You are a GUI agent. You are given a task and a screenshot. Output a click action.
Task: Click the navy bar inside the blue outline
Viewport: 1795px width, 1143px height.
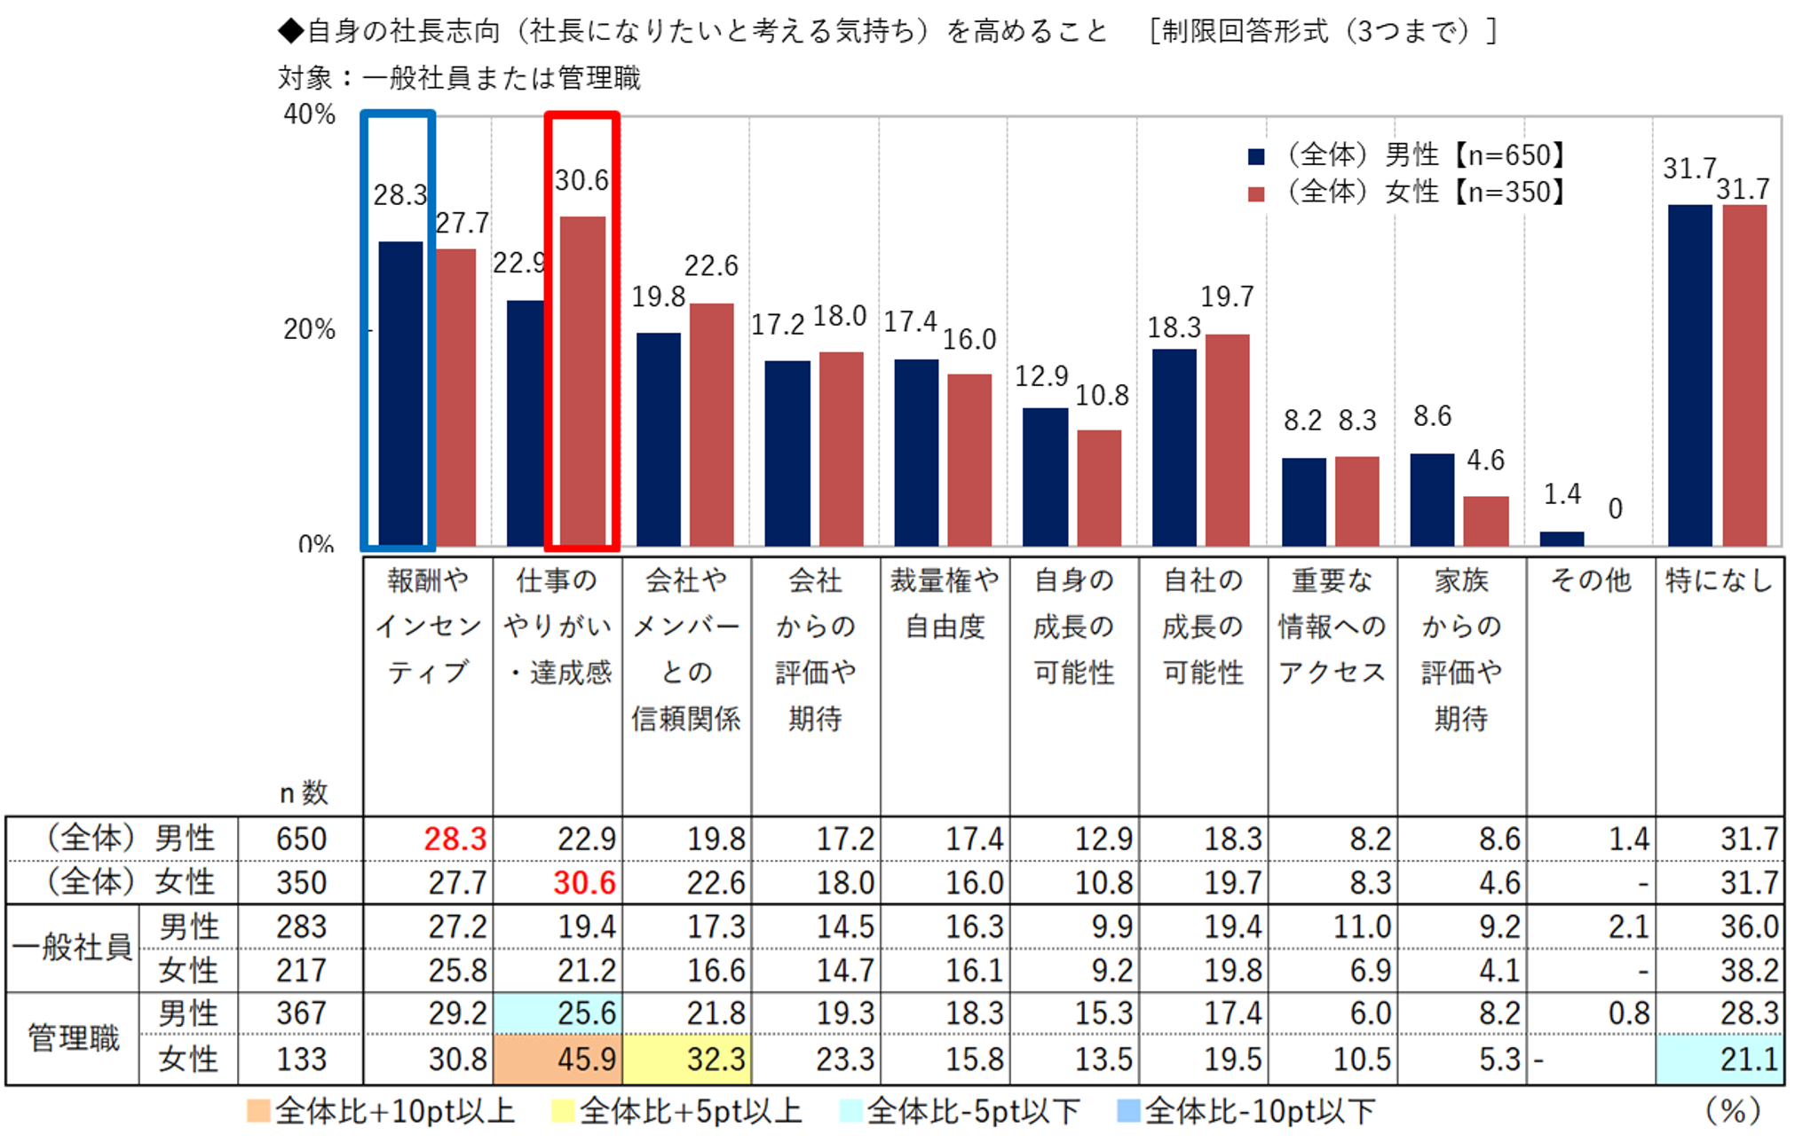tap(400, 393)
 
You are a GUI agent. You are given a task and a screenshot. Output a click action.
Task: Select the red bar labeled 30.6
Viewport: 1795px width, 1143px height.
tap(582, 382)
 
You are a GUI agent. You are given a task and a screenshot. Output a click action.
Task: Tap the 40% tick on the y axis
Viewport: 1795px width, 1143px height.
tap(309, 114)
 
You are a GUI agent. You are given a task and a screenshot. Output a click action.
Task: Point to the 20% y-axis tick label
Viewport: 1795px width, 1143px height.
tap(309, 330)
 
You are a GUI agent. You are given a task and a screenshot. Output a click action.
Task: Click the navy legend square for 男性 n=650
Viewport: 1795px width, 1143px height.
tap(1256, 157)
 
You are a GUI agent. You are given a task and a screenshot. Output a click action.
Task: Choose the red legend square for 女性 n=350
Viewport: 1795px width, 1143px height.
tap(1256, 193)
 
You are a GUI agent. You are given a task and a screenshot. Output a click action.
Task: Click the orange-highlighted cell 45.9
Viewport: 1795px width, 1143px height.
tap(557, 1059)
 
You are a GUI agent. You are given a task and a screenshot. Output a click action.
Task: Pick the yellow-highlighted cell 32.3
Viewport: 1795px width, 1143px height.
tap(687, 1059)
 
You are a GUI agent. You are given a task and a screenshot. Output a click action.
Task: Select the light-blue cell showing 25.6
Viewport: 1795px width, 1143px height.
tap(557, 1013)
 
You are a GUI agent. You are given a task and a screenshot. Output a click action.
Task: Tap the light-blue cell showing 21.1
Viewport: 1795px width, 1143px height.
tap(1720, 1059)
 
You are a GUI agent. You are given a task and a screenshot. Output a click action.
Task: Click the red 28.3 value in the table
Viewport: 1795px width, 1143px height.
tap(455, 839)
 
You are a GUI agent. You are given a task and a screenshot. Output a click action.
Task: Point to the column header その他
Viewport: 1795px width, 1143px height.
tap(1591, 580)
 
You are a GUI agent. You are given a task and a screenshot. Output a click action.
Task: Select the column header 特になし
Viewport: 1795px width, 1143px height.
tap(1720, 580)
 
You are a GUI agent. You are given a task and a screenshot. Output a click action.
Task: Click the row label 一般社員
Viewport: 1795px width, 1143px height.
tap(72, 948)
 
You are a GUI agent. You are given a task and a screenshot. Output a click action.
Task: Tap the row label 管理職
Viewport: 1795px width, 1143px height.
tap(74, 1037)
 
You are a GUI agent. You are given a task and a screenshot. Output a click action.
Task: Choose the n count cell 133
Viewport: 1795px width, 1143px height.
tap(301, 1059)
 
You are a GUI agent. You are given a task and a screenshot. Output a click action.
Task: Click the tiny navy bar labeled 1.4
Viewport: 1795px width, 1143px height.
tap(1562, 539)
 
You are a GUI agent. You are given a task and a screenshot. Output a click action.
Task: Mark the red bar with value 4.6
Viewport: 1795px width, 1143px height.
tap(1486, 521)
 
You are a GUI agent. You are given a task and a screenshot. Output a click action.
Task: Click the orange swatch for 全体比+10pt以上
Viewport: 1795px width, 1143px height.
tap(258, 1111)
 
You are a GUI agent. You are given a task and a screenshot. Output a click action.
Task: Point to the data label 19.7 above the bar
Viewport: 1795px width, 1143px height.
tap(1227, 297)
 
